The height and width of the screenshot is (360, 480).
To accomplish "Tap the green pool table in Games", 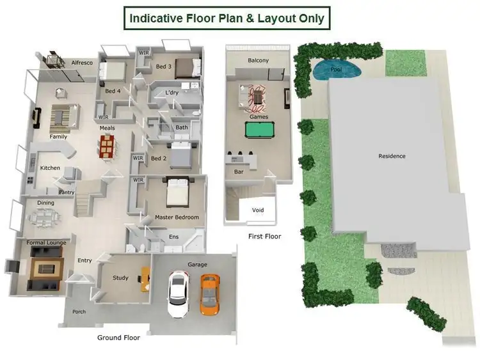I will pyautogui.click(x=259, y=130).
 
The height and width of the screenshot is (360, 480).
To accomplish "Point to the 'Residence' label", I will pyautogui.click(x=392, y=156).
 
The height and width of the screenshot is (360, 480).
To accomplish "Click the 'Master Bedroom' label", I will pyautogui.click(x=177, y=217).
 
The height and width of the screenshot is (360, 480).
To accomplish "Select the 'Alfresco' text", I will pyautogui.click(x=82, y=63).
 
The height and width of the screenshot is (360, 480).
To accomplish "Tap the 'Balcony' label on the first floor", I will pyautogui.click(x=258, y=61).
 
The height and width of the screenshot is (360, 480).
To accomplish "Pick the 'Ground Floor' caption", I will pyautogui.click(x=118, y=338).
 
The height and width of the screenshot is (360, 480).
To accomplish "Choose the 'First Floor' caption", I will pyautogui.click(x=264, y=237).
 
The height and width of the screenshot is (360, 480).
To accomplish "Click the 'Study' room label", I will pyautogui.click(x=120, y=278).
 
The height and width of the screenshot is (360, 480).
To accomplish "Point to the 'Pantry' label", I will pyautogui.click(x=67, y=192).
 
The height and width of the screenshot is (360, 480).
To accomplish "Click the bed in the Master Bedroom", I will pyautogui.click(x=177, y=192).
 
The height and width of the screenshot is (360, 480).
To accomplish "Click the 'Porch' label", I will pyautogui.click(x=79, y=312).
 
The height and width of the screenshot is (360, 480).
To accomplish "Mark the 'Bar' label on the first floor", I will pyautogui.click(x=239, y=172).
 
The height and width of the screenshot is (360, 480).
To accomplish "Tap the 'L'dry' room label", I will pyautogui.click(x=172, y=93).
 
